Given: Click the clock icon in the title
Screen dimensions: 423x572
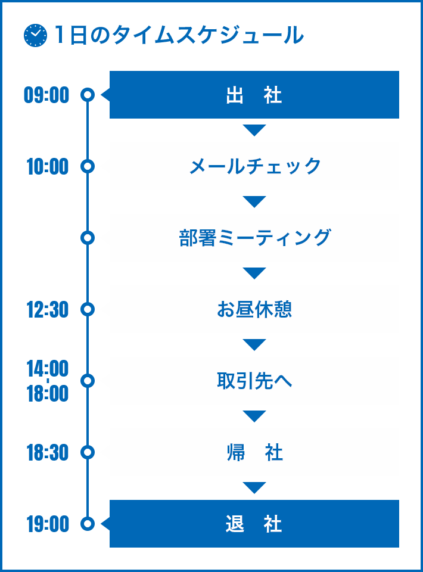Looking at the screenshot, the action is [x=35, y=35].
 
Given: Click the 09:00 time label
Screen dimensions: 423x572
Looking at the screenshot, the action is [x=46, y=95].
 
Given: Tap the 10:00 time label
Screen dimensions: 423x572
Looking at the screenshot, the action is [x=48, y=167].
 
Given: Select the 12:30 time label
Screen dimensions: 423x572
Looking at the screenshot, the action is [x=48, y=310].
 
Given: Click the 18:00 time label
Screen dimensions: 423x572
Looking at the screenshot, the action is [x=48, y=394].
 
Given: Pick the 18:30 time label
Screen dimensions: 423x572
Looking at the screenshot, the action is [x=48, y=453].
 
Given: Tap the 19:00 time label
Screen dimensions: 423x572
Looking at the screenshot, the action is [x=48, y=524].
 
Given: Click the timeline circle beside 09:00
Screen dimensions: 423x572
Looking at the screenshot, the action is [x=88, y=88].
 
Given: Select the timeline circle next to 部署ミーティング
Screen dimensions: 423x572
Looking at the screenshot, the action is [x=88, y=231].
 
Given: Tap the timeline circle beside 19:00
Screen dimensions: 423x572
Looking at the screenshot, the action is [x=88, y=517].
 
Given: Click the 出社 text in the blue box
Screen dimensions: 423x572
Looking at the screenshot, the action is [x=254, y=95].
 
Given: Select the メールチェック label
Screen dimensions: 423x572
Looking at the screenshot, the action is [x=255, y=166].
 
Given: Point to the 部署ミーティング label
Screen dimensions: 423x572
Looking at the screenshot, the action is [x=255, y=238].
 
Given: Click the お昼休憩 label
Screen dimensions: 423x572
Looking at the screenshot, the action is [x=254, y=309].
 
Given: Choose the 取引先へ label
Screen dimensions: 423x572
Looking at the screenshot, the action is [x=254, y=381].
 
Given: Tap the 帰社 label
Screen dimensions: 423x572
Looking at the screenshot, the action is [x=254, y=452].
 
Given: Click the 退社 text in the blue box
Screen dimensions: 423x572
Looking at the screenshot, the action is [x=254, y=524].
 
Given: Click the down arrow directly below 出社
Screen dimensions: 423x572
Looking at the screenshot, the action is [x=254, y=130].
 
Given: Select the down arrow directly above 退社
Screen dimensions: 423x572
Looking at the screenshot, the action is [x=254, y=487].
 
